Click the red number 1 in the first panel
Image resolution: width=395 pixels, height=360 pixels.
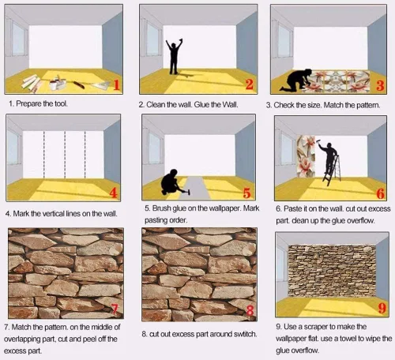pos(117,85)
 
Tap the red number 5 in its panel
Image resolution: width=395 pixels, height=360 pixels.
pos(246,193)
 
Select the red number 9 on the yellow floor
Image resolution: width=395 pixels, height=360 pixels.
pos(382,308)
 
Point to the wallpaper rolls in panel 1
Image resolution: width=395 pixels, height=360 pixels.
pos(32,83)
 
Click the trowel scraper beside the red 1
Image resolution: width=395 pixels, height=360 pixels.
pos(101,85)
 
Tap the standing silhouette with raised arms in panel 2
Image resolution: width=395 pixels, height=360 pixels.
pos(174,56)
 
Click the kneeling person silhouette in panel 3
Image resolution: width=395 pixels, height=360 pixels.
pos(295,81)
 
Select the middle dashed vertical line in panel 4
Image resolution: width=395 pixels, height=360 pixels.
pos(65,155)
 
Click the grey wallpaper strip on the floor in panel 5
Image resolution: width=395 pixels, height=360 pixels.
pos(197,187)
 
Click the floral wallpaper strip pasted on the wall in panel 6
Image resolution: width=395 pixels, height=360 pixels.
pos(306,156)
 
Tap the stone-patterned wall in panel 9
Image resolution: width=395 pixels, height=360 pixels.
pos(332,271)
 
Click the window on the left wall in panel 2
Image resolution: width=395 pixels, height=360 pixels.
pos(152,39)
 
